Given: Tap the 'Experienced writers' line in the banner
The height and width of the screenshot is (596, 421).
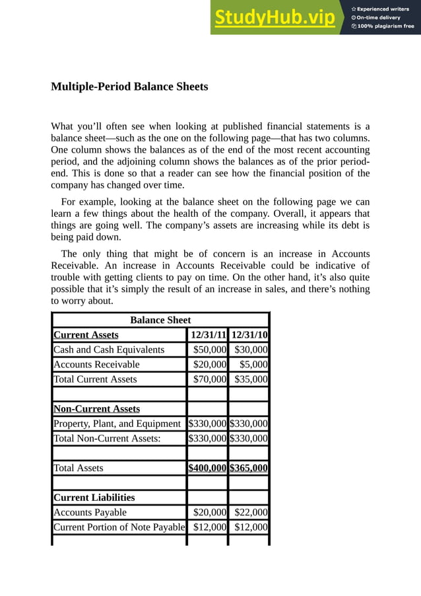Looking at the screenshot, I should coord(383,9).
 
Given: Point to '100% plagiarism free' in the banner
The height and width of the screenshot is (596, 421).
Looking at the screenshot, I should coord(383,26).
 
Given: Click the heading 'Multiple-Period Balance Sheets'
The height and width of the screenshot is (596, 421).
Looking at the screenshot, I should coord(129,87).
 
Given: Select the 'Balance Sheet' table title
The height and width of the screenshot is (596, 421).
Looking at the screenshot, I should coord(160,320).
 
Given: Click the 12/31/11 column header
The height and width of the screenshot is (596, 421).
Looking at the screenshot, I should coord(208,335).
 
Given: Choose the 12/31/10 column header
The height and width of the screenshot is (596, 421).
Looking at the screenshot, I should coord(249,335).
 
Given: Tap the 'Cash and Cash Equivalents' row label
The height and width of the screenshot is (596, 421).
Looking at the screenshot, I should coord(109,350).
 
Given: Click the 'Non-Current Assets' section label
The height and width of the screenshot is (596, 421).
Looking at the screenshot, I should coord(96,408).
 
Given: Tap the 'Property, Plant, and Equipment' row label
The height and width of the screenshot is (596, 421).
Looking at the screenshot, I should coord(117,424).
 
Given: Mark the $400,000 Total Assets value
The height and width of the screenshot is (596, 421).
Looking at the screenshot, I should coord(208,468).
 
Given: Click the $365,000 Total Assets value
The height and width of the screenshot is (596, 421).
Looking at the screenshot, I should coord(249,468).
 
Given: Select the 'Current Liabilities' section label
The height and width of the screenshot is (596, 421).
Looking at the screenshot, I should coord(94,498).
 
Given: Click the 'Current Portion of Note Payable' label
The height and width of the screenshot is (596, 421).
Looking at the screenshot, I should coord(119,527).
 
